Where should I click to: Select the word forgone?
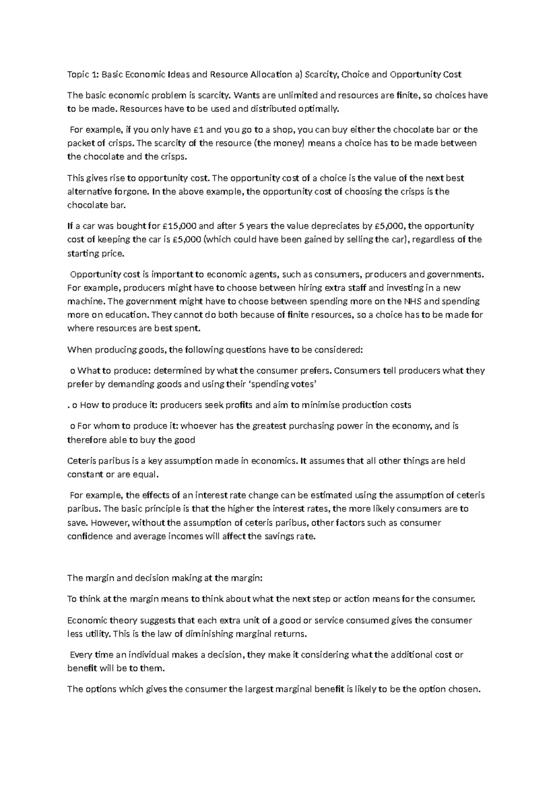coord(133,192)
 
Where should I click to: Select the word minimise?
coord(324,405)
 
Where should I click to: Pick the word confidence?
coord(90,536)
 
